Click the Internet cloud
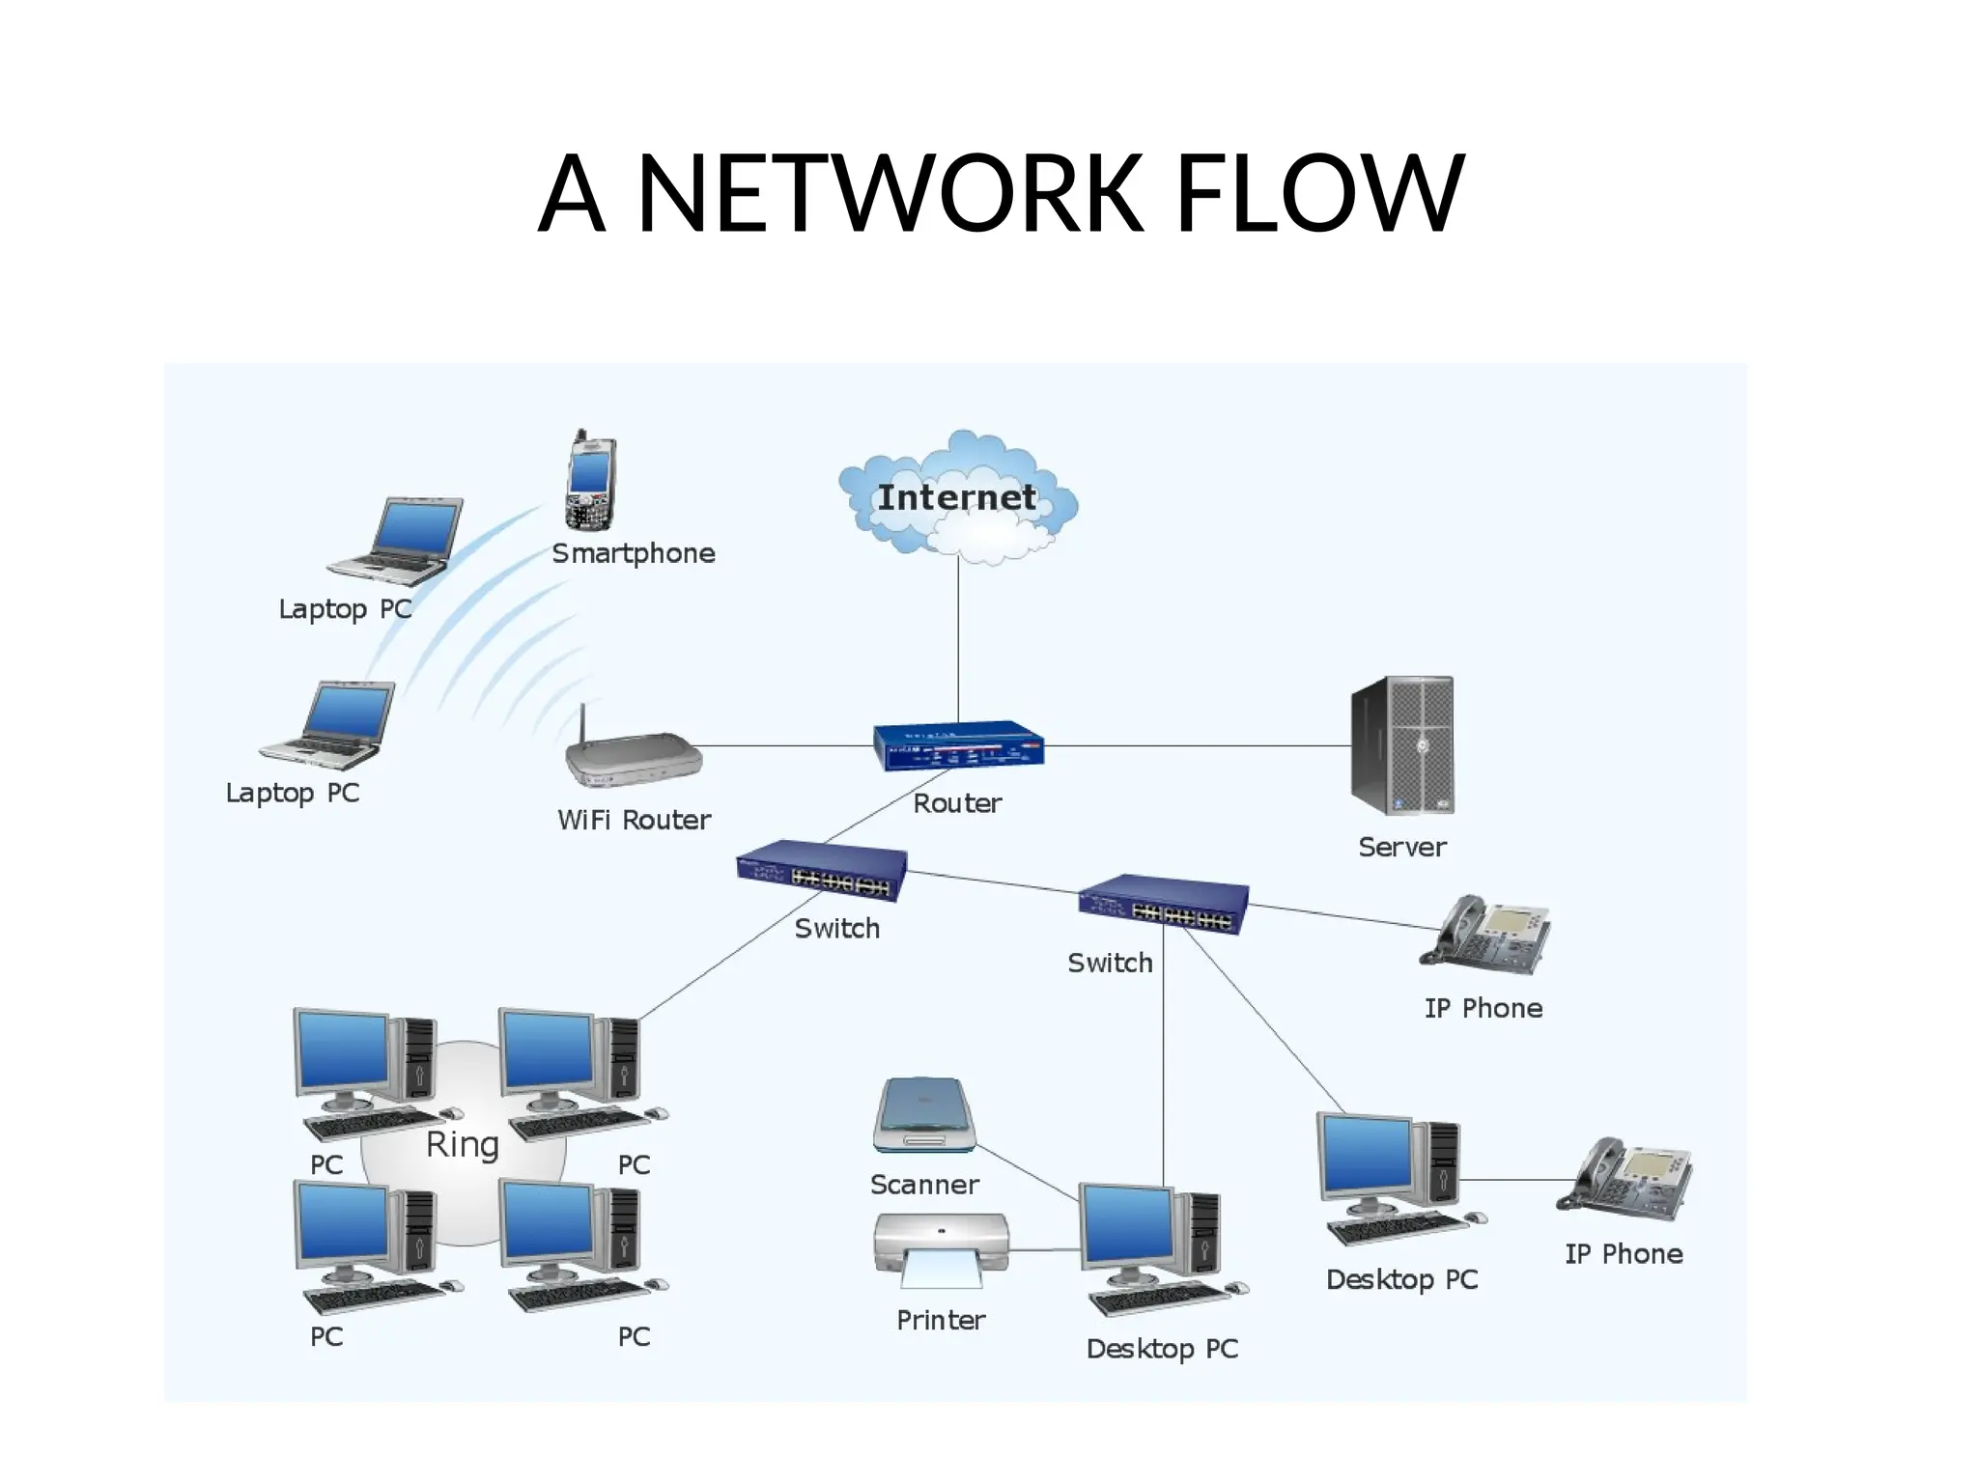tap(956, 497)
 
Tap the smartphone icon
tap(590, 482)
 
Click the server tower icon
tap(1403, 745)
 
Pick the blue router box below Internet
tap(958, 746)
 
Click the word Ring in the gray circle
tap(463, 1144)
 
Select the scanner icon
tap(924, 1115)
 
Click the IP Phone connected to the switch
tap(1484, 935)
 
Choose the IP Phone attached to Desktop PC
tap(1624, 1180)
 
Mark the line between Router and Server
tap(1198, 745)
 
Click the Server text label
tap(1401, 848)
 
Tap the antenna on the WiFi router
tap(583, 724)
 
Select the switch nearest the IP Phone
tap(1163, 905)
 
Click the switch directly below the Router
tap(822, 871)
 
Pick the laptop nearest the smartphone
tap(396, 541)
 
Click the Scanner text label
tap(924, 1185)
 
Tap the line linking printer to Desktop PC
tap(1045, 1250)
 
